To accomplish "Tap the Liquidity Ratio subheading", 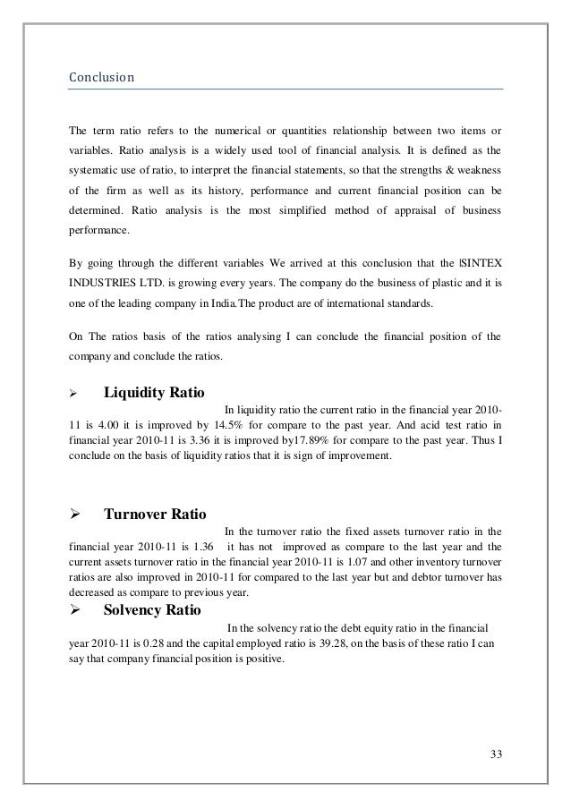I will pyautogui.click(x=155, y=393).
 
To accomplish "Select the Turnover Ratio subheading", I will pyautogui.click(x=156, y=515).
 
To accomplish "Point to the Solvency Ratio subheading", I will pyautogui.click(x=152, y=610).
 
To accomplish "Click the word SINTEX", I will pyautogui.click(x=482, y=264).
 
